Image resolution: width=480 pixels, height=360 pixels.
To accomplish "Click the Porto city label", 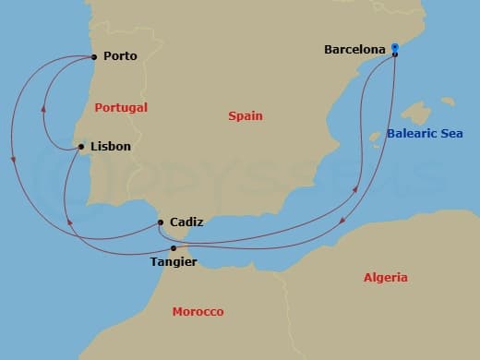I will (x=120, y=56).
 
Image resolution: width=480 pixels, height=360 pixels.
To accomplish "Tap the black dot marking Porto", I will (x=95, y=56).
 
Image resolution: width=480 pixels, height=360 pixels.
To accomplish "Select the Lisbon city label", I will (x=110, y=147).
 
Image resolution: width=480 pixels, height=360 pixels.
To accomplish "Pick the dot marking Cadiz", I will (x=161, y=222).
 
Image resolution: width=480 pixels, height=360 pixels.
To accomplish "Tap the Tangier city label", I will (x=173, y=262).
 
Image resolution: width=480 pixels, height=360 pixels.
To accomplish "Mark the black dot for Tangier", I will (x=174, y=247).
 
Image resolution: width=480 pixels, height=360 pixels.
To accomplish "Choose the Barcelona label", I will (x=354, y=49).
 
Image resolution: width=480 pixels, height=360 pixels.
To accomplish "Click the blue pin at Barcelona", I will (x=394, y=49).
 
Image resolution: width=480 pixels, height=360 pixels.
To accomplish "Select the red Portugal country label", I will (x=121, y=108).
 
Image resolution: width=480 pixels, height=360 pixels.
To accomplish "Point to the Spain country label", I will (x=246, y=116).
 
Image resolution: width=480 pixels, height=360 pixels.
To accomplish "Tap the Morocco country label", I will (x=198, y=312).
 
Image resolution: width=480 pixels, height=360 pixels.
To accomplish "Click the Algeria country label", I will (x=385, y=277).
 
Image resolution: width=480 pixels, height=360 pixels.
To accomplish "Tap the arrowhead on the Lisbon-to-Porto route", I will (x=45, y=107).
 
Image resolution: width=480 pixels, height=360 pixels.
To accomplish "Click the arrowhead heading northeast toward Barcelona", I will (x=356, y=190).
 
